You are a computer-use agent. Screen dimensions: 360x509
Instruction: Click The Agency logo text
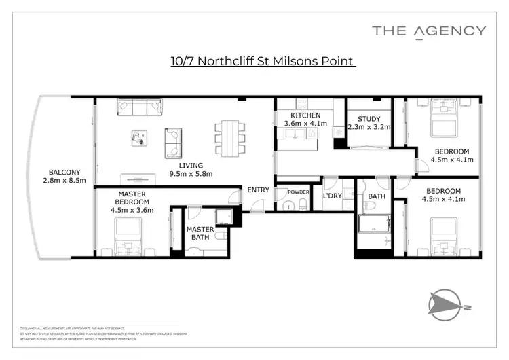click(x=429, y=30)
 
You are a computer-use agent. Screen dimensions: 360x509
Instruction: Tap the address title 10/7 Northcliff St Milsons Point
click(x=263, y=62)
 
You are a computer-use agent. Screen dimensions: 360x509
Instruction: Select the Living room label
click(x=191, y=165)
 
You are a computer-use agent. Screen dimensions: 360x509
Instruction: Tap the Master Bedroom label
click(x=132, y=198)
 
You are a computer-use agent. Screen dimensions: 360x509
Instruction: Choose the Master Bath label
click(x=200, y=233)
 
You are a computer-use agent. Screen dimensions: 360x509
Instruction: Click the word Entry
click(x=258, y=190)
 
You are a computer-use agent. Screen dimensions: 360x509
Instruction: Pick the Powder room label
click(x=298, y=192)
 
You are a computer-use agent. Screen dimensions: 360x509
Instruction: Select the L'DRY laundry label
click(x=333, y=196)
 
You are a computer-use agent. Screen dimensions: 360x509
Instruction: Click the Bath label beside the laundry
click(x=376, y=197)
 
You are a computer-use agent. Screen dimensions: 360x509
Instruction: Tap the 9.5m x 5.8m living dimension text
click(x=191, y=174)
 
